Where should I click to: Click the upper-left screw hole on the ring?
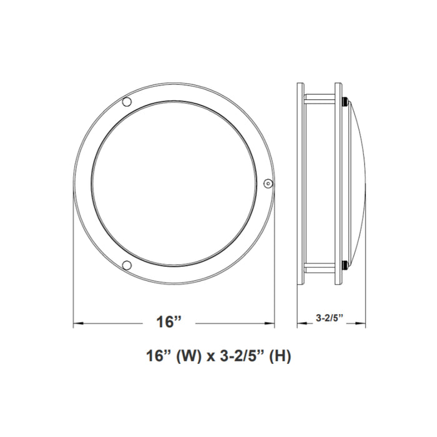click(x=127, y=102)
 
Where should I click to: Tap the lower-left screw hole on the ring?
click(x=127, y=265)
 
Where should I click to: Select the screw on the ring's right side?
click(x=268, y=183)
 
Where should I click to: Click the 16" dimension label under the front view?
click(x=169, y=323)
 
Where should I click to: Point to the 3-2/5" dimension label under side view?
click(x=331, y=318)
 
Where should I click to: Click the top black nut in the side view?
click(x=344, y=99)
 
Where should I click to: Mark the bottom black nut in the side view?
click(x=344, y=268)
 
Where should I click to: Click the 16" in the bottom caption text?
click(x=157, y=357)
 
